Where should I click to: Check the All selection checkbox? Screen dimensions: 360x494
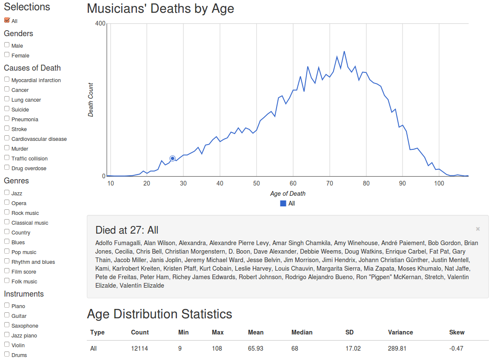(7, 20)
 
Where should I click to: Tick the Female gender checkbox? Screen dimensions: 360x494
(7, 54)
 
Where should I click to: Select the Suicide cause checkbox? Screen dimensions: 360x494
(7, 109)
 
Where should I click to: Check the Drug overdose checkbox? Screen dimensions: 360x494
(7, 167)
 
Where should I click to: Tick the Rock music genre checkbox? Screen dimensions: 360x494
(7, 212)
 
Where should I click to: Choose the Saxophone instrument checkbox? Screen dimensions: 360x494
(7, 325)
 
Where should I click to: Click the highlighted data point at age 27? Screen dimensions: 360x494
(172, 158)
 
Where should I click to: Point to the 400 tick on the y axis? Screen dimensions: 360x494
(100, 23)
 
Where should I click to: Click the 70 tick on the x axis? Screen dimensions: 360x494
(329, 183)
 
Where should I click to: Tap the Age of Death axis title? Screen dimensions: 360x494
(288, 194)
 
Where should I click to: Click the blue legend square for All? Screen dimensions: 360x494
(283, 203)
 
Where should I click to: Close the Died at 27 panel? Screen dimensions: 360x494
(478, 229)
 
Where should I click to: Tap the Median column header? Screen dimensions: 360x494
(302, 332)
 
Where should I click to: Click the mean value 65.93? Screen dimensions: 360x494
(255, 349)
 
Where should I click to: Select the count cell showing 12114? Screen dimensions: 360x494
(140, 349)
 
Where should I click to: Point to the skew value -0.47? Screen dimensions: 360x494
(456, 349)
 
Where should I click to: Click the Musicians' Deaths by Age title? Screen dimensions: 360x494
(160, 9)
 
